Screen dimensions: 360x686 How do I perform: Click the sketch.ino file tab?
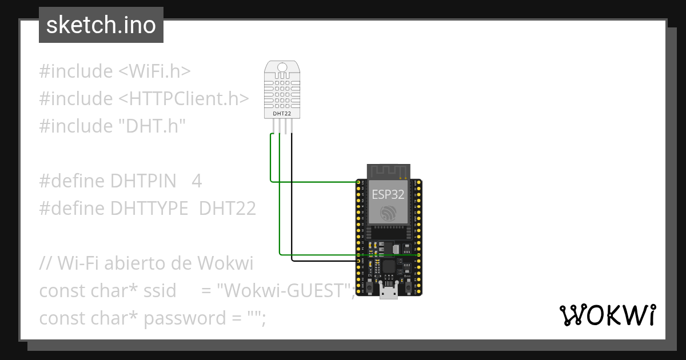(101, 25)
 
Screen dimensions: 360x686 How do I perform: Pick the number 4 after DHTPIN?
(197, 181)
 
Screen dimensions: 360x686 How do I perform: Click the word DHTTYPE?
(150, 209)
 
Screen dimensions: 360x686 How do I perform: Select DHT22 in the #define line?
(227, 209)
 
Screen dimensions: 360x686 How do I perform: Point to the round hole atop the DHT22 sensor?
(281, 67)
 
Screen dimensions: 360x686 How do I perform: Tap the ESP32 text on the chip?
(388, 194)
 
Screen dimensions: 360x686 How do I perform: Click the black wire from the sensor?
(292, 200)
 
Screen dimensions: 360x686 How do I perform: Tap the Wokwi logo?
(608, 315)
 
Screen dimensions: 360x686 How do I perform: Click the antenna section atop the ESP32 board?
(389, 171)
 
